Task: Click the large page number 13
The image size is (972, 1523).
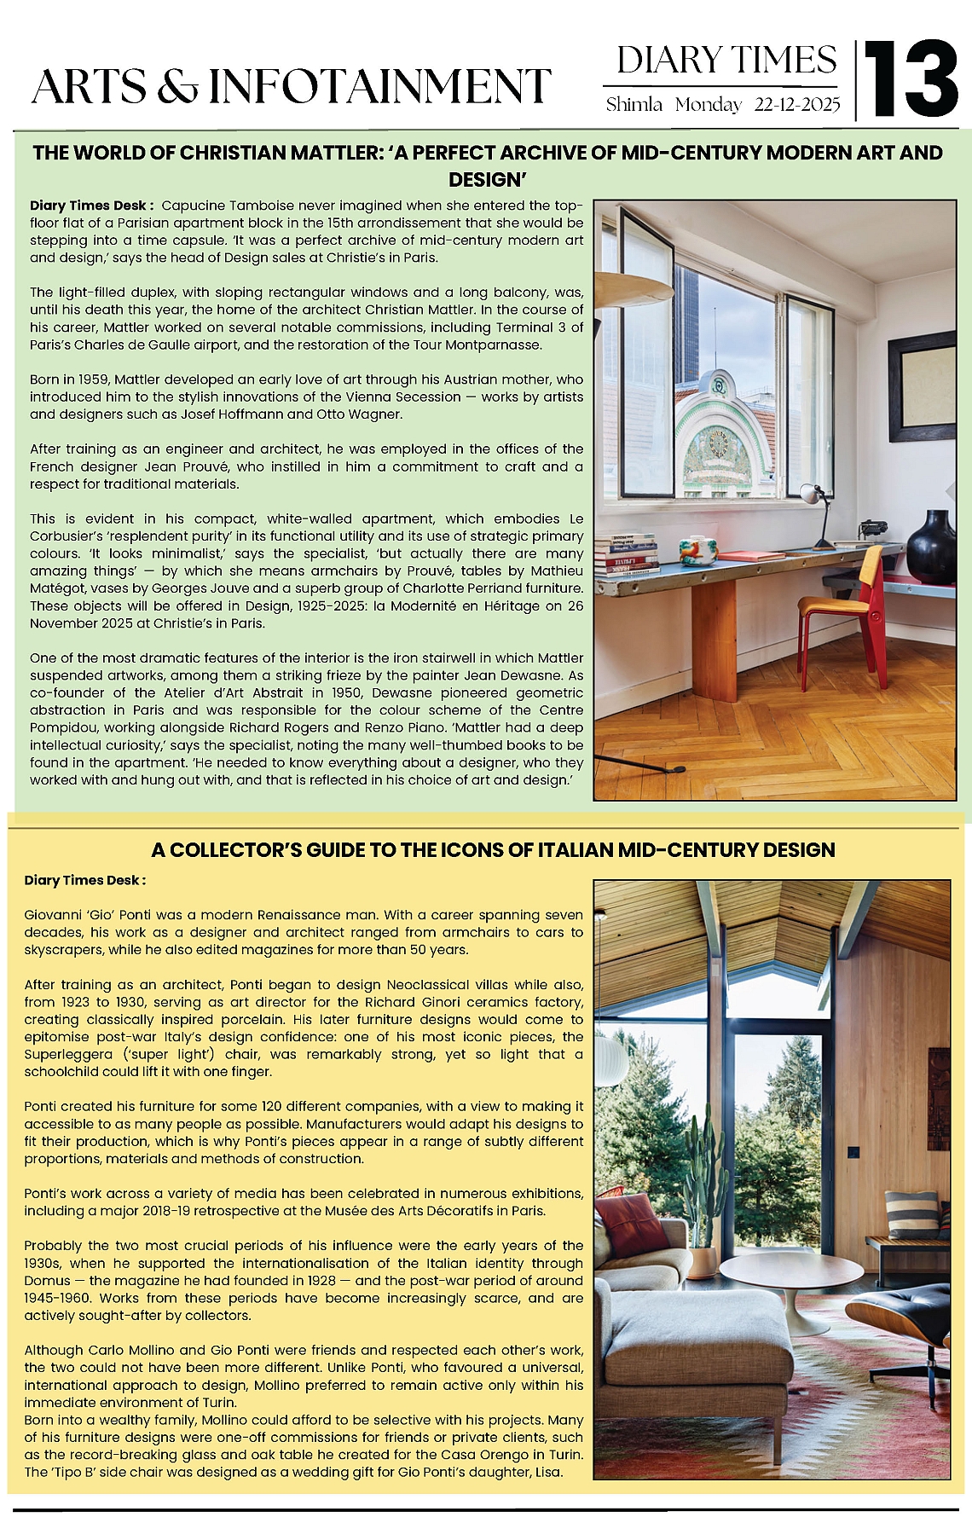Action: [x=911, y=78]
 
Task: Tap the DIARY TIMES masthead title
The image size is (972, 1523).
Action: [x=726, y=61]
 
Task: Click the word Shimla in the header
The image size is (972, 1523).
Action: [x=634, y=105]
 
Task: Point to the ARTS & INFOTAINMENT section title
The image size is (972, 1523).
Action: [x=291, y=87]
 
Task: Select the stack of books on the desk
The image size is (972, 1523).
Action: [x=627, y=556]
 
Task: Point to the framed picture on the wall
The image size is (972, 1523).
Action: [x=922, y=387]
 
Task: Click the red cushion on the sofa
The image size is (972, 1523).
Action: [x=632, y=1224]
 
